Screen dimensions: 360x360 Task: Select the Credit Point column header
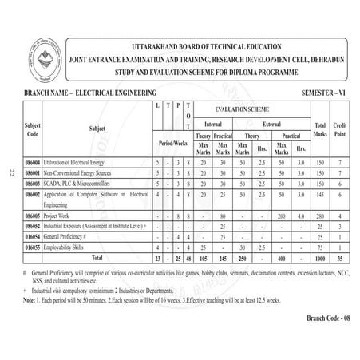click(x=339, y=128)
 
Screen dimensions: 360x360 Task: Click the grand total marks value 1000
click(x=321, y=259)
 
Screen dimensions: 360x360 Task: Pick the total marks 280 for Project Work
click(x=321, y=216)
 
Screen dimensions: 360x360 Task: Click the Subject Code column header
click(x=34, y=127)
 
